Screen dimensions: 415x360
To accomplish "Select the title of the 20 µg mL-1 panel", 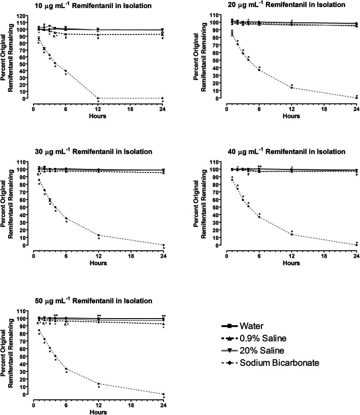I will [x=280, y=5].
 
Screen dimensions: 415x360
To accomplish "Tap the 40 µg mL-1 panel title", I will [x=280, y=152].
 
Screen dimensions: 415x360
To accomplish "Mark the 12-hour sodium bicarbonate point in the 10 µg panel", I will [x=98, y=98].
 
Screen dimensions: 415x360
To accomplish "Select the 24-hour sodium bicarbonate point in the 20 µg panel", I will [x=356, y=97].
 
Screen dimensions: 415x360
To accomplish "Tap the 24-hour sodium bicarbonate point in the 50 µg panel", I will [x=162, y=394].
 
